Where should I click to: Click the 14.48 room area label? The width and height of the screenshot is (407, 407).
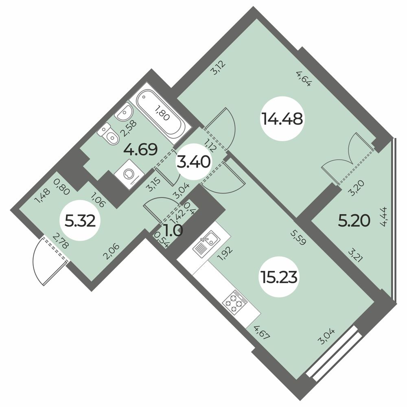coord(282,119)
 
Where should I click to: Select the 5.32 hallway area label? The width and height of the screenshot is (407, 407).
coord(80,222)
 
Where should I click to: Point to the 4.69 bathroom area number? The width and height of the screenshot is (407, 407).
coord(140,149)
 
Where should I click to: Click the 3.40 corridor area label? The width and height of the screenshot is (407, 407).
coord(194,162)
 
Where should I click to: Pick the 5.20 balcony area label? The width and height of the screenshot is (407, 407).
coord(354,221)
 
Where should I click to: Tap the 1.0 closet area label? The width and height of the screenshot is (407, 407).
coord(173,230)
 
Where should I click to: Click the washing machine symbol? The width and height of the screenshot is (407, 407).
coord(129,174)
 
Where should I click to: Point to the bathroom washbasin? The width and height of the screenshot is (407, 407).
coord(125,112)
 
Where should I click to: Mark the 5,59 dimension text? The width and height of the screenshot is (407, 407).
coord(298,238)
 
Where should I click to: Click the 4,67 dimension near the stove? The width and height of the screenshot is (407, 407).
coord(263,333)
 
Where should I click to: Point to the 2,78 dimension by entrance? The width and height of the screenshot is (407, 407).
coord(61,241)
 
